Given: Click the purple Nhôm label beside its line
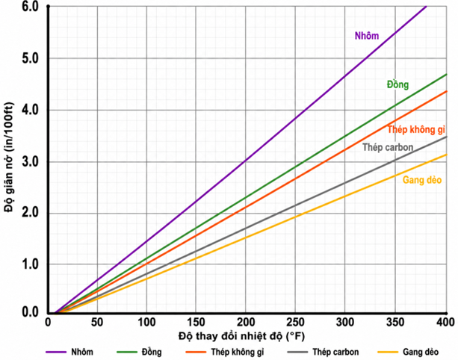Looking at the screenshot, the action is pos(367,36).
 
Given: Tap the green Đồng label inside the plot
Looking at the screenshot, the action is pos(397,84).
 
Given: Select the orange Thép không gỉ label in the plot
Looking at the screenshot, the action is pos(416,129).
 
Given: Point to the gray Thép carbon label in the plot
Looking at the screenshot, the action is pos(388,147).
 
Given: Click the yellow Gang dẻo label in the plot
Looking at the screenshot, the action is pos(422,180).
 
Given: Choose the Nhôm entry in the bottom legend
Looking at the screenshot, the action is pos(82,352).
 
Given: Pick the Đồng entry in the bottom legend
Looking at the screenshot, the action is pos(152,352).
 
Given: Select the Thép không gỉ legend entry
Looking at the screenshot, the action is pos(237,352).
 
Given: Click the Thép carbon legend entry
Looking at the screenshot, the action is pos(335,352).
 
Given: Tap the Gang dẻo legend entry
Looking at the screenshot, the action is pos(421,352).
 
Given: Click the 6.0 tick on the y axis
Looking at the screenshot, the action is pos(30,7).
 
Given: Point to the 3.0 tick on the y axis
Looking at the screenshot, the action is pos(30,162).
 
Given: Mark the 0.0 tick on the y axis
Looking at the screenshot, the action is pos(30,312).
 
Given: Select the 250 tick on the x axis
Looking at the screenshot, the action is pos(295,323).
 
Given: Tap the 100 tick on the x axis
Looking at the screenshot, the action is pos(146,323).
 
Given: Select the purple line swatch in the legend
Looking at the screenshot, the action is pos(56,352).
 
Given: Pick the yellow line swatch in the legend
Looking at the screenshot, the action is pos(388,352).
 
